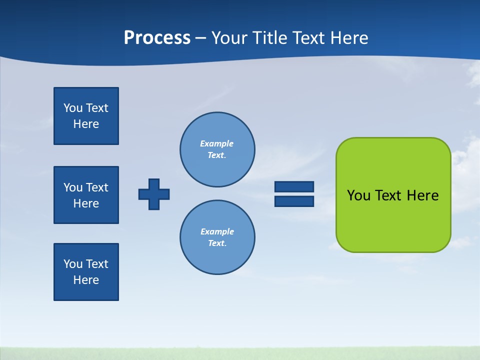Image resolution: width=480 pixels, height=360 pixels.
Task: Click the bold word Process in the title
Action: click(x=157, y=38)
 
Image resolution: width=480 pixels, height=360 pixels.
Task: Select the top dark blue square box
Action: click(x=86, y=116)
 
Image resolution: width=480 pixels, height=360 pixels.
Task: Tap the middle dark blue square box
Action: click(x=86, y=195)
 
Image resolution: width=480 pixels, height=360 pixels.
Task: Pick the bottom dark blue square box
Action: click(x=86, y=272)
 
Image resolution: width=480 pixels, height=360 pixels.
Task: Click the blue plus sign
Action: click(x=154, y=194)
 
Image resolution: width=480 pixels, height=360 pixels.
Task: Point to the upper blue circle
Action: click(x=217, y=149)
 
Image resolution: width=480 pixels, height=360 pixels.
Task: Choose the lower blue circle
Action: click(x=217, y=237)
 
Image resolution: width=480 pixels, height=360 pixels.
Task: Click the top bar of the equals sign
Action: click(x=294, y=186)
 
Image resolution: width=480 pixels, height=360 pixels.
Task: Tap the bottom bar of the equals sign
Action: click(x=294, y=201)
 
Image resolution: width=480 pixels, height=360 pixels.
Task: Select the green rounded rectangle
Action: click(x=393, y=220)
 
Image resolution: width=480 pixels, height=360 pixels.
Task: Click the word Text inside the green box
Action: click(x=389, y=195)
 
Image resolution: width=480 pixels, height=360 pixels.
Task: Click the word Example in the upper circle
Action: click(x=217, y=144)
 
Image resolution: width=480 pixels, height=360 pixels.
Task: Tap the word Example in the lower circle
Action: click(x=217, y=232)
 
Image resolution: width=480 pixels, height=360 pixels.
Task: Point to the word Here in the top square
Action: click(x=86, y=124)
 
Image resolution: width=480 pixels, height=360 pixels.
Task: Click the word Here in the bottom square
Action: click(x=86, y=280)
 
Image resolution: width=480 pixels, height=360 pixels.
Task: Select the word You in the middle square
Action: click(x=73, y=187)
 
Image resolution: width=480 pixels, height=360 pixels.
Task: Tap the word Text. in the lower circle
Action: click(x=217, y=243)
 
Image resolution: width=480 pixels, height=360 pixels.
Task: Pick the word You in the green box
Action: click(x=358, y=195)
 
